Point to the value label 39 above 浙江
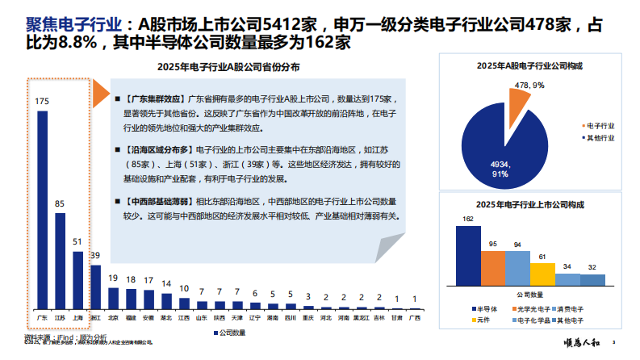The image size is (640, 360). click(x=95, y=256)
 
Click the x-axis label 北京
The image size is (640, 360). click(x=113, y=319)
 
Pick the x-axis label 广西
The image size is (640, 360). click(x=414, y=319)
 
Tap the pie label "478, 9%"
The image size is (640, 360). click(x=529, y=84)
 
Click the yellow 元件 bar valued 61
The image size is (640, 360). click(x=542, y=274)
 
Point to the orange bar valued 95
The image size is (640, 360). click(x=493, y=268)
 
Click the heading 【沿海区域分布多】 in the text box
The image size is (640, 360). click(x=157, y=150)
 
